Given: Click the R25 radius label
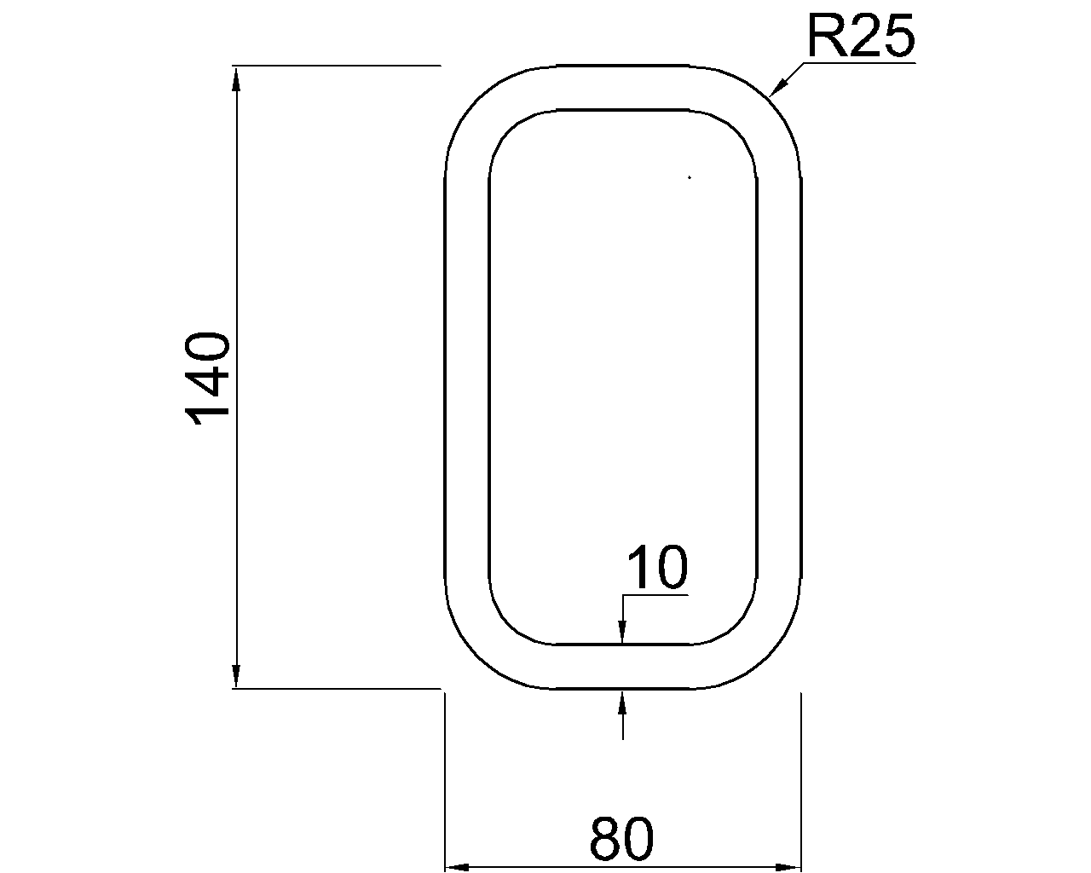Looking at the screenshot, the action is coord(861,36).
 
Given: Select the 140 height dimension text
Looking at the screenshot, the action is coord(208,379).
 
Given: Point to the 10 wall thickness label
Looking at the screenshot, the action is coord(657,568).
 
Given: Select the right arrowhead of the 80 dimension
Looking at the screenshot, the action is coord(788,866).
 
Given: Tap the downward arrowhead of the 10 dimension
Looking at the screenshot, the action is coord(622,632).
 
